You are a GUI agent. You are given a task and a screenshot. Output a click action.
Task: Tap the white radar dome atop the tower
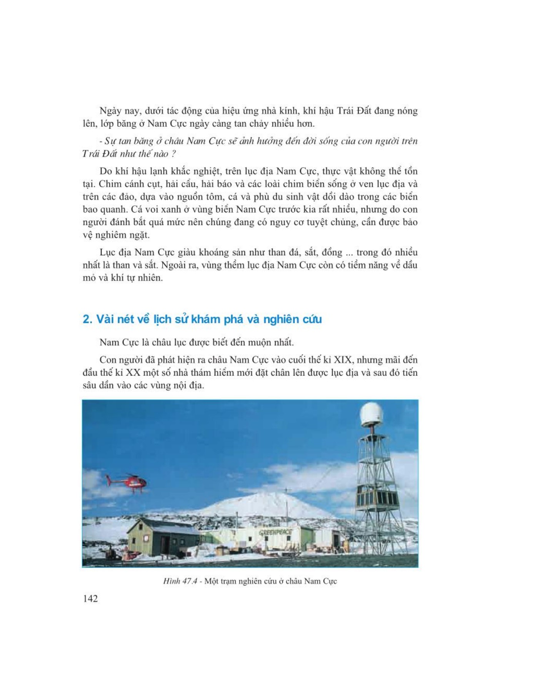pyautogui.click(x=372, y=414)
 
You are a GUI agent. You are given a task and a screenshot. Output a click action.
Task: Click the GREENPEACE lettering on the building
pyautogui.click(x=275, y=532)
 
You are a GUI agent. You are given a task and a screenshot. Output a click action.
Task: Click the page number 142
pyautogui.click(x=90, y=599)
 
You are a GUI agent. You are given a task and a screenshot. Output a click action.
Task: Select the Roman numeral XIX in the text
pyautogui.click(x=343, y=360)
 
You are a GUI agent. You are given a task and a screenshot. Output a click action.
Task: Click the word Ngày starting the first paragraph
pyautogui.click(x=111, y=111)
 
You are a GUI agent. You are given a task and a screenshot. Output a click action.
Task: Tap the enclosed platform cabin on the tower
pyautogui.click(x=377, y=496)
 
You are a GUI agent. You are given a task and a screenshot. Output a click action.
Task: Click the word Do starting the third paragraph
pyautogui.click(x=105, y=171)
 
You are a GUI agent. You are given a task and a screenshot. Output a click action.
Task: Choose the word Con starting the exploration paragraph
pyautogui.click(x=108, y=360)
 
